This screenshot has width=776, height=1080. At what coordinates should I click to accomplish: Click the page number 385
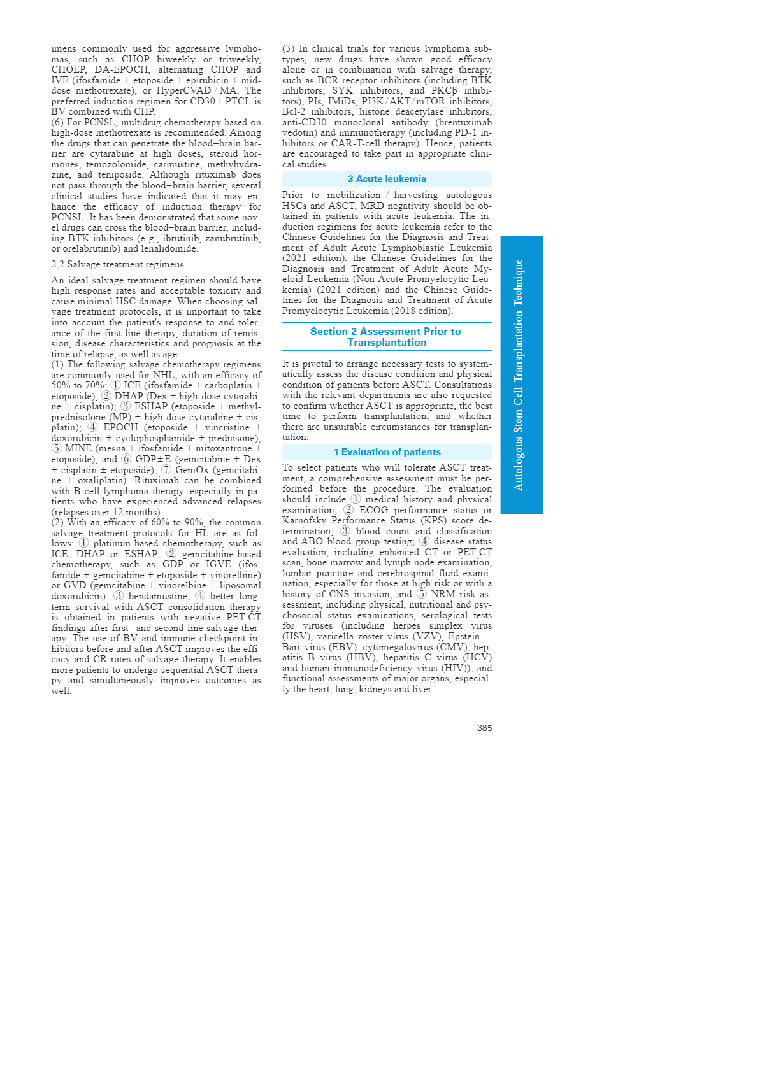[484, 728]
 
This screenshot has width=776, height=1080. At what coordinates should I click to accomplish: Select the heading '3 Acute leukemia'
[387, 179]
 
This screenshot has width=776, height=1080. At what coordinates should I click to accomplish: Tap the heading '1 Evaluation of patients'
[387, 452]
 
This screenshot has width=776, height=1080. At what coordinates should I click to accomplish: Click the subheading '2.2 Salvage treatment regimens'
[117, 264]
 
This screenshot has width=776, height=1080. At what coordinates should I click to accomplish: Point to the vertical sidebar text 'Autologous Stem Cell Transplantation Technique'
[519, 375]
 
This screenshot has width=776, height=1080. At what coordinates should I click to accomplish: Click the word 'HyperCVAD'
[183, 90]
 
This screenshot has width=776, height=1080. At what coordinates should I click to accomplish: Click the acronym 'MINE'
[78, 448]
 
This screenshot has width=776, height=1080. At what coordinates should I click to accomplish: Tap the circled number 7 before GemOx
[166, 470]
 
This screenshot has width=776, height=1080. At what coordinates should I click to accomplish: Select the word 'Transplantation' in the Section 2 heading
[387, 343]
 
